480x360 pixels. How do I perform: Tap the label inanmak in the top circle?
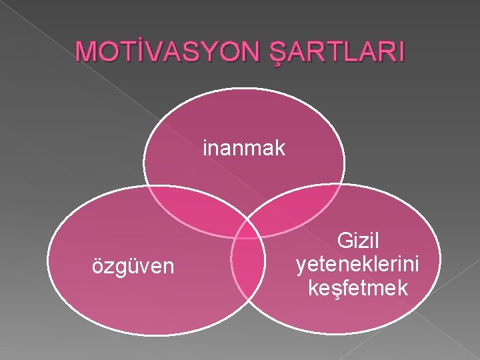click(244, 147)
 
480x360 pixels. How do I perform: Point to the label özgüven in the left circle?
click(133, 267)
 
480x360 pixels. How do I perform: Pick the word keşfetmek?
click(358, 288)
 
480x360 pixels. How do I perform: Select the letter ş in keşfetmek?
click(337, 289)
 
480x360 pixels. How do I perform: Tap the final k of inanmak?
click(281, 147)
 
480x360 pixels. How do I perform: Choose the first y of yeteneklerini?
click(299, 266)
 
